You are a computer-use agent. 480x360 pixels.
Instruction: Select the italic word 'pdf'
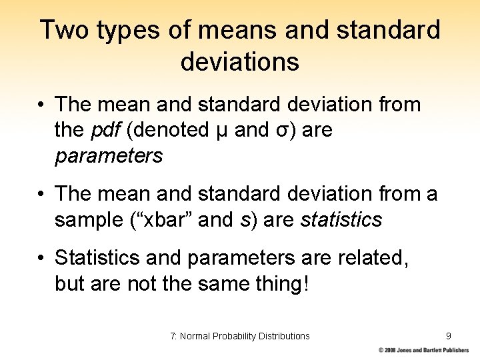point(105,131)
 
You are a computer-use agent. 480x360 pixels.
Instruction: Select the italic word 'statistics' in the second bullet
point(341,220)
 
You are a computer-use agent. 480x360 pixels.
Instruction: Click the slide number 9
point(449,335)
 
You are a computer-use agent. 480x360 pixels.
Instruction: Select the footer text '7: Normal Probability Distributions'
point(240,335)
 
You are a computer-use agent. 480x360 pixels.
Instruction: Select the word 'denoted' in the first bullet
point(172,131)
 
